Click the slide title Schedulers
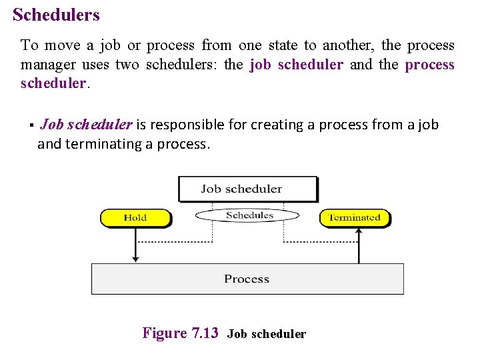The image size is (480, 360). coord(56,15)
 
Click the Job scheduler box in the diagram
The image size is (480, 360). coord(247,189)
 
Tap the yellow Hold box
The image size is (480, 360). coord(135,217)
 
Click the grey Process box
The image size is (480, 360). coord(247,279)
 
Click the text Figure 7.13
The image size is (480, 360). coord(180,333)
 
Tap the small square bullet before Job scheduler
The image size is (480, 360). coord(31,125)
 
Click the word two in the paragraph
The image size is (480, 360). coord(127,65)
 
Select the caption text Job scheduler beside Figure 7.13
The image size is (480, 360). coord(266,334)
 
